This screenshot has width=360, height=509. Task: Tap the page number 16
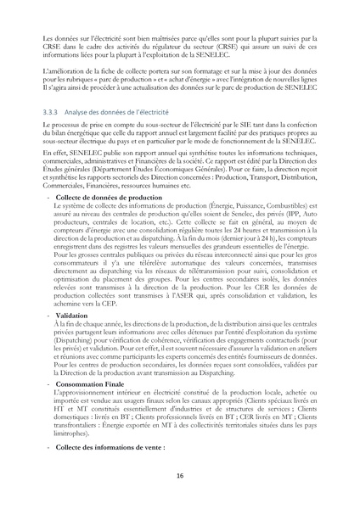[180, 476]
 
